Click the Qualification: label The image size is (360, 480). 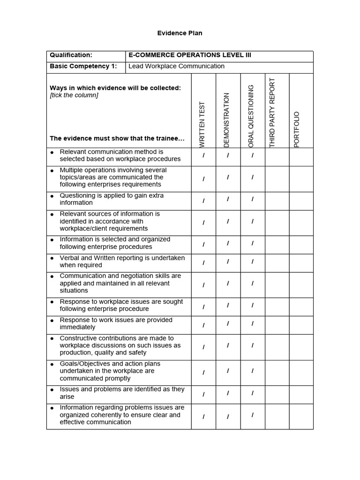point(71,55)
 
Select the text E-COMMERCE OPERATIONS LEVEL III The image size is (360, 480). point(190,55)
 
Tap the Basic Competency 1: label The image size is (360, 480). point(83,67)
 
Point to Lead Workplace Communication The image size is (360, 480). point(176,67)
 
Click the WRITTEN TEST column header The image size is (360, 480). point(203,125)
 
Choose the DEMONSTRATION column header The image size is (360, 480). point(227,120)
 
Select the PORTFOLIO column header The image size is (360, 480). point(296,130)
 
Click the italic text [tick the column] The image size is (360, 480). point(74,95)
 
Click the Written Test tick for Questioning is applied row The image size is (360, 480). point(203,201)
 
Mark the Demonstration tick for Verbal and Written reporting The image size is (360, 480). point(228,262)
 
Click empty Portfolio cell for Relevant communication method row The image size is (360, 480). point(301,157)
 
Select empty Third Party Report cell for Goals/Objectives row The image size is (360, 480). point(277,373)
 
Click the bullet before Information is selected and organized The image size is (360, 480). point(52,240)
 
